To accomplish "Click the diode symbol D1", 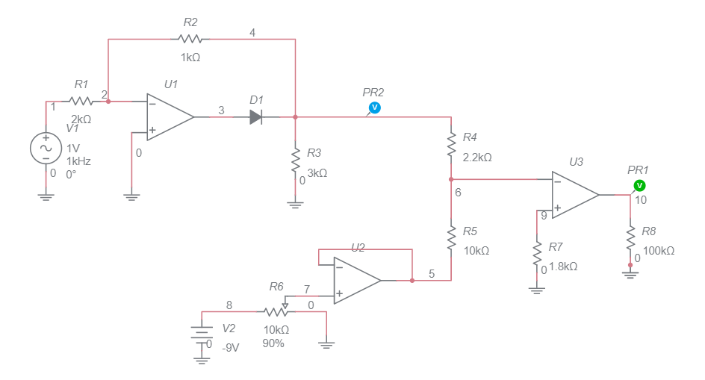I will [255, 116].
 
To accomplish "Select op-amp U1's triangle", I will [169, 116].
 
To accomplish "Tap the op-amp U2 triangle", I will [355, 281].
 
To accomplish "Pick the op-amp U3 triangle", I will [574, 194].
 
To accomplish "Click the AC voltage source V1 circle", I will [45, 148].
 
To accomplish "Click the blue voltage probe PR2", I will [374, 108].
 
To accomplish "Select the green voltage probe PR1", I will [639, 185].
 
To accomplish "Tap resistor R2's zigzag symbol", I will [190, 39].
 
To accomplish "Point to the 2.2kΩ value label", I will [477, 158].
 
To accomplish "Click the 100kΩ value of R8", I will [658, 251].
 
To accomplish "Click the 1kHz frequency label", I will [78, 161].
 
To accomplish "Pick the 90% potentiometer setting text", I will [273, 343].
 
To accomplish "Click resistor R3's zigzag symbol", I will [296, 162].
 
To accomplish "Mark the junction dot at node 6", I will [451, 179].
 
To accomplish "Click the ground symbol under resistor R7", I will [536, 290].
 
